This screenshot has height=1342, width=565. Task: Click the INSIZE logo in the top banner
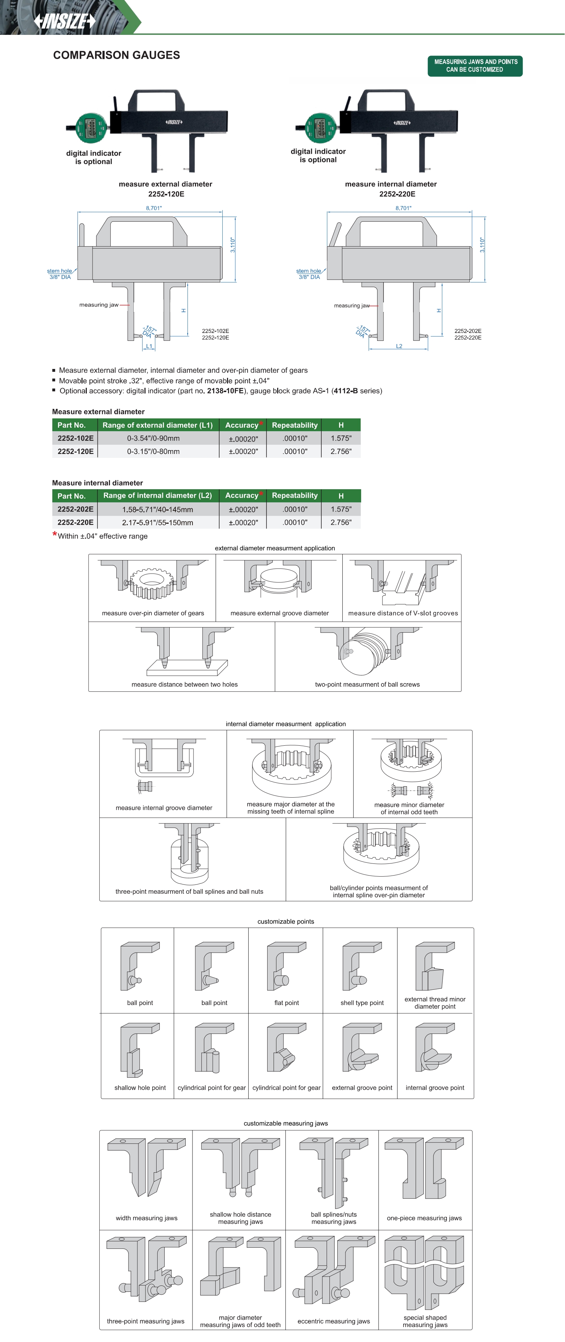coord(65,21)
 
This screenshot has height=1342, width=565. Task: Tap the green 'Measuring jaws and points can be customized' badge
coord(475,65)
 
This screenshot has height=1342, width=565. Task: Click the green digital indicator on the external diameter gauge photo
coord(91,127)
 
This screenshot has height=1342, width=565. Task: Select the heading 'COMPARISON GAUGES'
coord(116,55)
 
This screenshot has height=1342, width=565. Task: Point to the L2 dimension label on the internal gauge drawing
coord(399,346)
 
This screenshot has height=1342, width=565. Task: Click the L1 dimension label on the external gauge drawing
coord(149,346)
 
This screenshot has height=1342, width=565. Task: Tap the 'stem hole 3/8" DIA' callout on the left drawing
coord(59,274)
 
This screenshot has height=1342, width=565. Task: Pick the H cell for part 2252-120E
coord(341,451)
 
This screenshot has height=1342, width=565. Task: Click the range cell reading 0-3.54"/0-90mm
coord(153,438)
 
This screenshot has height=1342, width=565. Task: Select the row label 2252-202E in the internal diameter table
coord(75,509)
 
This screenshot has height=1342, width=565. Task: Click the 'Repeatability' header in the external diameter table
coord(295,425)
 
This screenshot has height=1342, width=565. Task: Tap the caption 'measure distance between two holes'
coord(185,685)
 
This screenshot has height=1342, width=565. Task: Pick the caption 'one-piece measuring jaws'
coord(424,1218)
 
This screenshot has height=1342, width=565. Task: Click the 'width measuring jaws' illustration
coord(147,1169)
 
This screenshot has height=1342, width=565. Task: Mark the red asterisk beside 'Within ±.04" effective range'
coord(54,534)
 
